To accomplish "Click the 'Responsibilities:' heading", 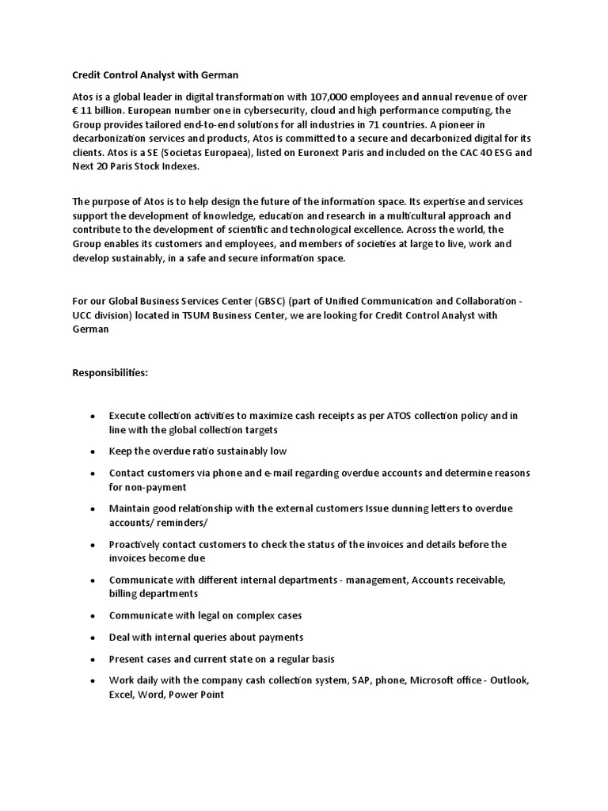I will (x=110, y=372).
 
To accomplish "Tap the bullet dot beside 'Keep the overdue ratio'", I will (x=93, y=451).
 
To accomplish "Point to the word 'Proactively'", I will (x=139, y=544).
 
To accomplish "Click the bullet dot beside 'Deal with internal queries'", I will (x=93, y=638).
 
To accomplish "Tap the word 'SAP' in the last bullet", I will (x=362, y=681).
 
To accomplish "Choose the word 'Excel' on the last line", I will (x=123, y=694).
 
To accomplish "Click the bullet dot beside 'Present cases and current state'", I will (x=93, y=660).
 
